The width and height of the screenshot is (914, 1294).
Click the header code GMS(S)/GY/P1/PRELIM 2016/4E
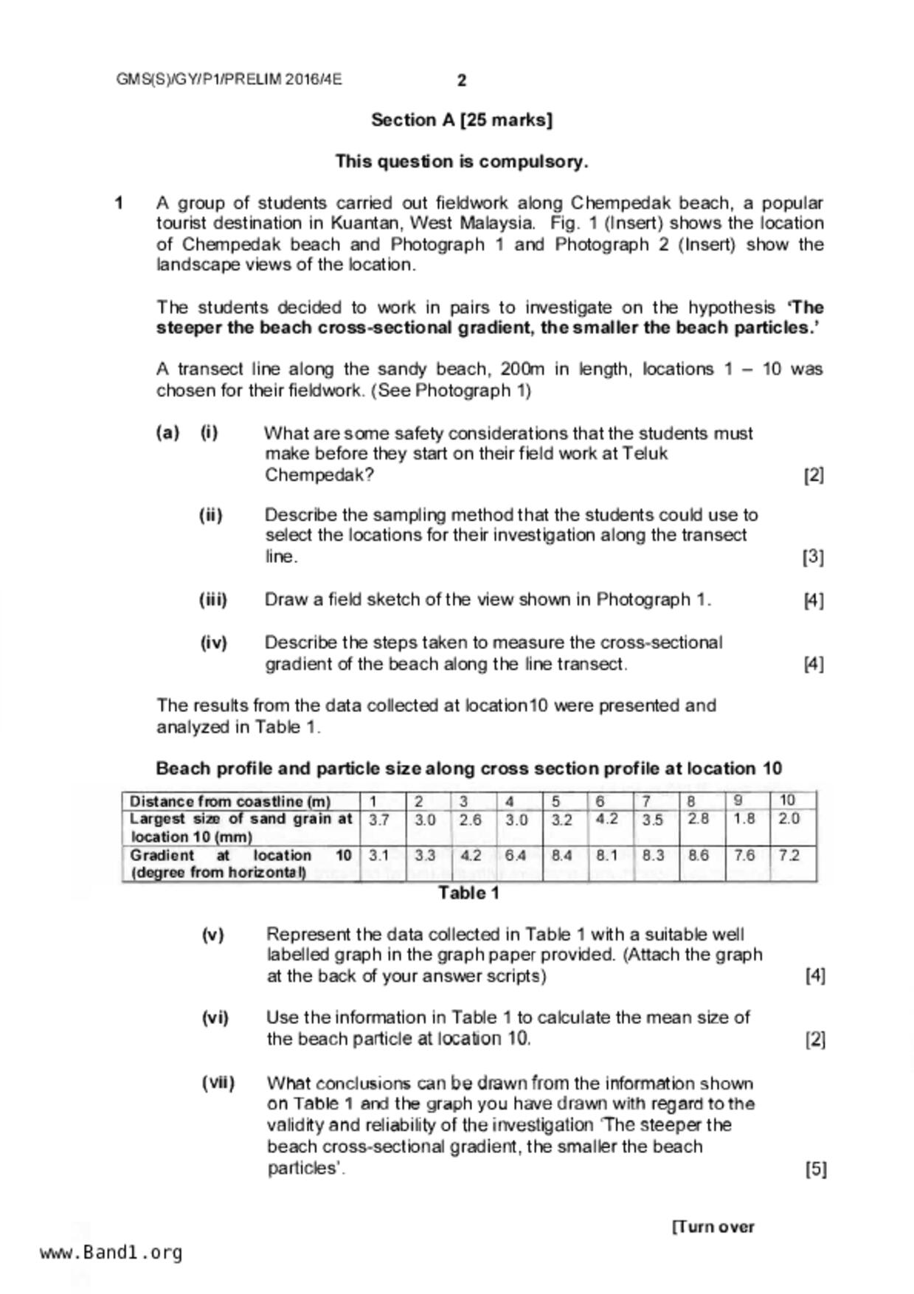(x=229, y=80)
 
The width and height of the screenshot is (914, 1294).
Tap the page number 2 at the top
(x=462, y=80)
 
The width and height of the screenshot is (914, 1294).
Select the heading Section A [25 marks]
(x=462, y=120)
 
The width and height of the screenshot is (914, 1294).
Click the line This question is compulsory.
(x=462, y=162)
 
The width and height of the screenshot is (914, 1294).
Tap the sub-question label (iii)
(x=213, y=600)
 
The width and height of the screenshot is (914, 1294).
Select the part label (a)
(x=167, y=433)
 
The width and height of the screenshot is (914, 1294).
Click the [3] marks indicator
(x=813, y=557)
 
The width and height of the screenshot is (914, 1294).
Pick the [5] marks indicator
(x=815, y=1169)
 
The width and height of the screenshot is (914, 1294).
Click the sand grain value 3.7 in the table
(x=379, y=820)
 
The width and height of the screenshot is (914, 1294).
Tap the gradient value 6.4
(x=516, y=856)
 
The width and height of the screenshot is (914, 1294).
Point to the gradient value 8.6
(x=699, y=856)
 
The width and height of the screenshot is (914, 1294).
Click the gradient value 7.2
(x=789, y=856)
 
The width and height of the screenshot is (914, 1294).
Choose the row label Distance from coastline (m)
(x=230, y=801)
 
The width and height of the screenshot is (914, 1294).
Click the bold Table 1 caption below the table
(x=469, y=893)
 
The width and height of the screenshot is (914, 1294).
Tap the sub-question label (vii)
(x=218, y=1084)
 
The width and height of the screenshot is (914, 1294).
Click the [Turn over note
(x=713, y=1227)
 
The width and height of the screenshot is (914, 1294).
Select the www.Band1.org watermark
(x=111, y=1253)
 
